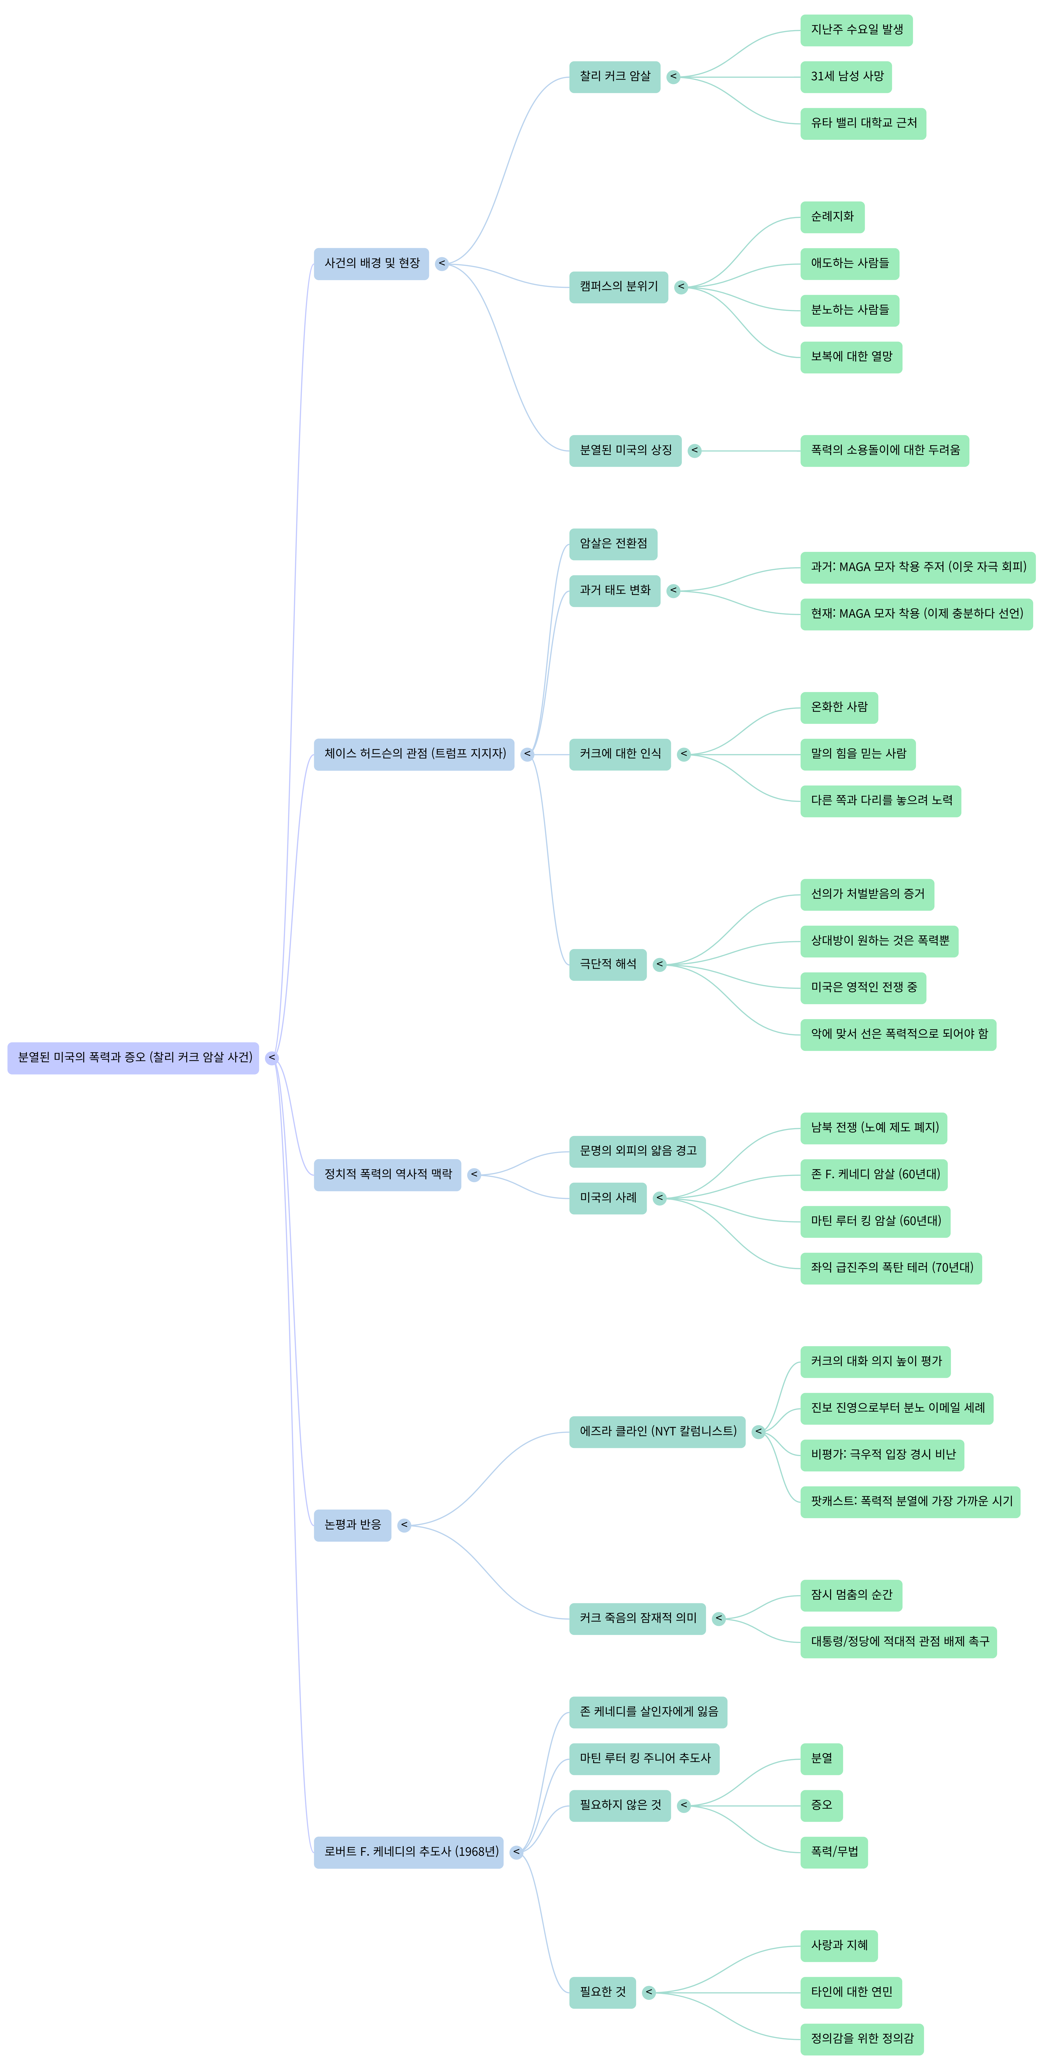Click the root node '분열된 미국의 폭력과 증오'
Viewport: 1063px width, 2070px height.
(133, 1058)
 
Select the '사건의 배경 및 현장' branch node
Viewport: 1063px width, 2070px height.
(371, 263)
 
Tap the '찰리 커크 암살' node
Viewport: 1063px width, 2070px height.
(615, 77)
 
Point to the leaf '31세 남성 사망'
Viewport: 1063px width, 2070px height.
(846, 77)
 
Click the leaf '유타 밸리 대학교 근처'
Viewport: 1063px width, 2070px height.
(863, 124)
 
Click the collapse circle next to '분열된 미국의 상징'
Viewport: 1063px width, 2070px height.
(694, 451)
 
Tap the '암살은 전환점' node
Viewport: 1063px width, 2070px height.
(613, 544)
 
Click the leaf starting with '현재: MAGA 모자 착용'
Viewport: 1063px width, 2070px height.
(916, 614)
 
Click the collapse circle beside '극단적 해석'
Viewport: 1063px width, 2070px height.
(660, 964)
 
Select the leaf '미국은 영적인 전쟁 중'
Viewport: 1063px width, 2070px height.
(863, 988)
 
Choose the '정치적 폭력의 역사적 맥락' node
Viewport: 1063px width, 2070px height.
(387, 1175)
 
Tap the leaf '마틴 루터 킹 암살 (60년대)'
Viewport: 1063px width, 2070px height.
(875, 1221)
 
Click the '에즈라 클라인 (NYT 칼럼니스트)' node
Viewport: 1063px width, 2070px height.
(657, 1432)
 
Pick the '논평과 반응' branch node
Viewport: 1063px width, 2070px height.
(352, 1525)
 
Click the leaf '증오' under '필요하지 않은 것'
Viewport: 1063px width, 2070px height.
(821, 1806)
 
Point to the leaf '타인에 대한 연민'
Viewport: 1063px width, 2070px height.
(851, 1992)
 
